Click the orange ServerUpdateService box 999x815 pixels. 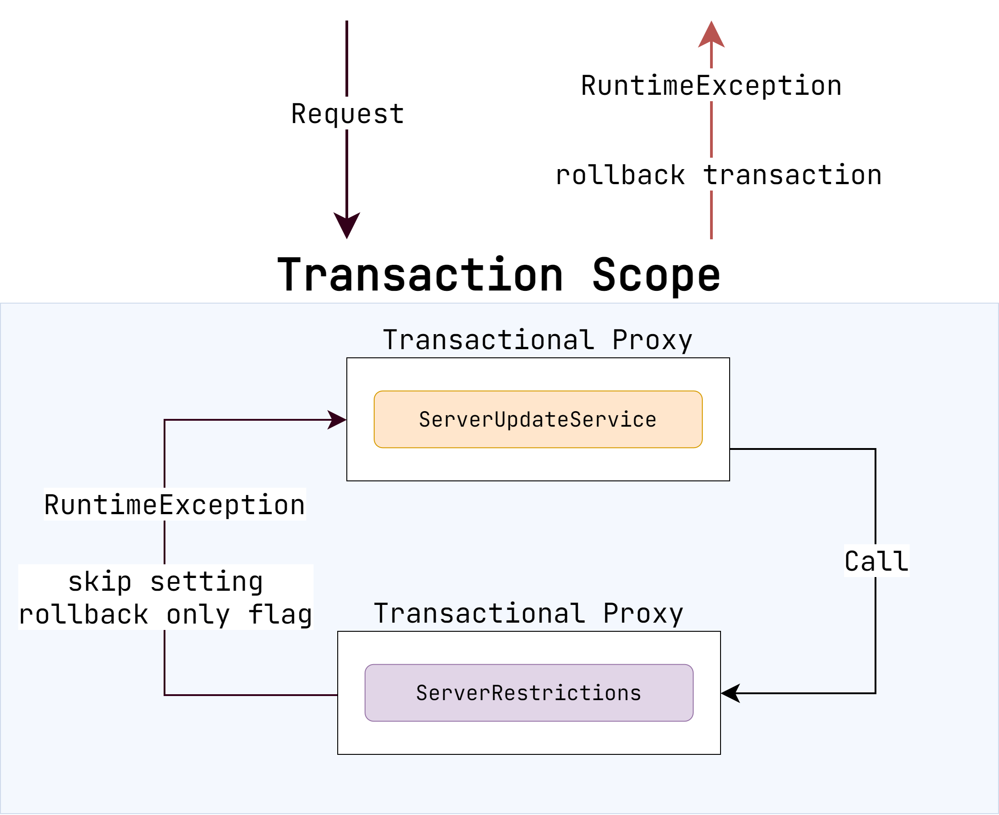[537, 419]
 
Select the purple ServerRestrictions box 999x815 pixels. [529, 693]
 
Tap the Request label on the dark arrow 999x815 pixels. [347, 114]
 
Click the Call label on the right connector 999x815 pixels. [876, 561]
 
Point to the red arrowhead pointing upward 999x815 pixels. [711, 36]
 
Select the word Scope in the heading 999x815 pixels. [656, 276]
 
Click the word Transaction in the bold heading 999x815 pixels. [420, 276]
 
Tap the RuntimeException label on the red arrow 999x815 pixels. [711, 86]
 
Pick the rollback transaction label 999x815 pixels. [718, 175]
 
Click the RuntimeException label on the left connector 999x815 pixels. [175, 505]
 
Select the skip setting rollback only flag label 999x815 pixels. [165, 598]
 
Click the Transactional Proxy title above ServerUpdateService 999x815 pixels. [537, 340]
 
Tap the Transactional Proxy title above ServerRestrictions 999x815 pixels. [529, 614]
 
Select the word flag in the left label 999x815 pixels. [280, 614]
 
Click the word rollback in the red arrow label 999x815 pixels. [620, 175]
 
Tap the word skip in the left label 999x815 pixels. [99, 582]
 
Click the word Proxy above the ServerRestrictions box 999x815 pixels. [643, 614]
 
